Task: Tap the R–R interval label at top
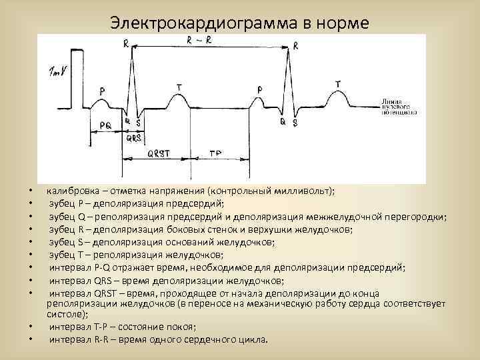201,40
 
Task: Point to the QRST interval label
158,153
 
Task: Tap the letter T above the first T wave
179,87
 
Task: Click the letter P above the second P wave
260,89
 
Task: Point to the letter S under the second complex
295,123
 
